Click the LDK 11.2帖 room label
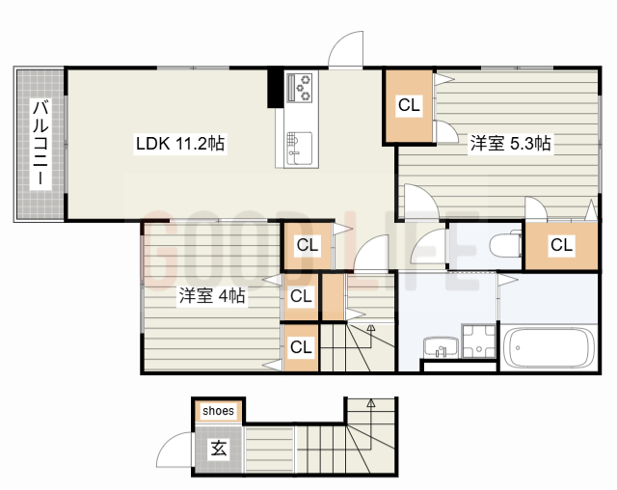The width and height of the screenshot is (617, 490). tap(180, 144)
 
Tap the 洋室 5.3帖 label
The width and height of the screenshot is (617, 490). tap(510, 144)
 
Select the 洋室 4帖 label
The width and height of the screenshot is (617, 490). tap(212, 295)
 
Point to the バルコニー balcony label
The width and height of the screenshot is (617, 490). tap(40, 143)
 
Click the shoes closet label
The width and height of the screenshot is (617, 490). tap(218, 411)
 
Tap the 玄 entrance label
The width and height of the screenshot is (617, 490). tap(219, 449)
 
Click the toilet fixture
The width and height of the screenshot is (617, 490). tap(505, 245)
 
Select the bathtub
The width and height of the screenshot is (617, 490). tap(549, 348)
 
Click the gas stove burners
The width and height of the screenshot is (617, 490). tap(300, 88)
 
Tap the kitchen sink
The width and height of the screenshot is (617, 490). tap(300, 149)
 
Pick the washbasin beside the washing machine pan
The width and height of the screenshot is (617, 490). tap(442, 347)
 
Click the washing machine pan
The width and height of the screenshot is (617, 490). tap(478, 341)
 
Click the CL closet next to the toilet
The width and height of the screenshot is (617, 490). tap(561, 245)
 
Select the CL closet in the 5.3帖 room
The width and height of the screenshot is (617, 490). tap(409, 105)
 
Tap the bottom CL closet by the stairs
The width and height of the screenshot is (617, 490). tap(301, 347)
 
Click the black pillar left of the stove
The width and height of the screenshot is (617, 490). tap(275, 88)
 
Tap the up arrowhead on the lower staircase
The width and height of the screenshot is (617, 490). tap(370, 403)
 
